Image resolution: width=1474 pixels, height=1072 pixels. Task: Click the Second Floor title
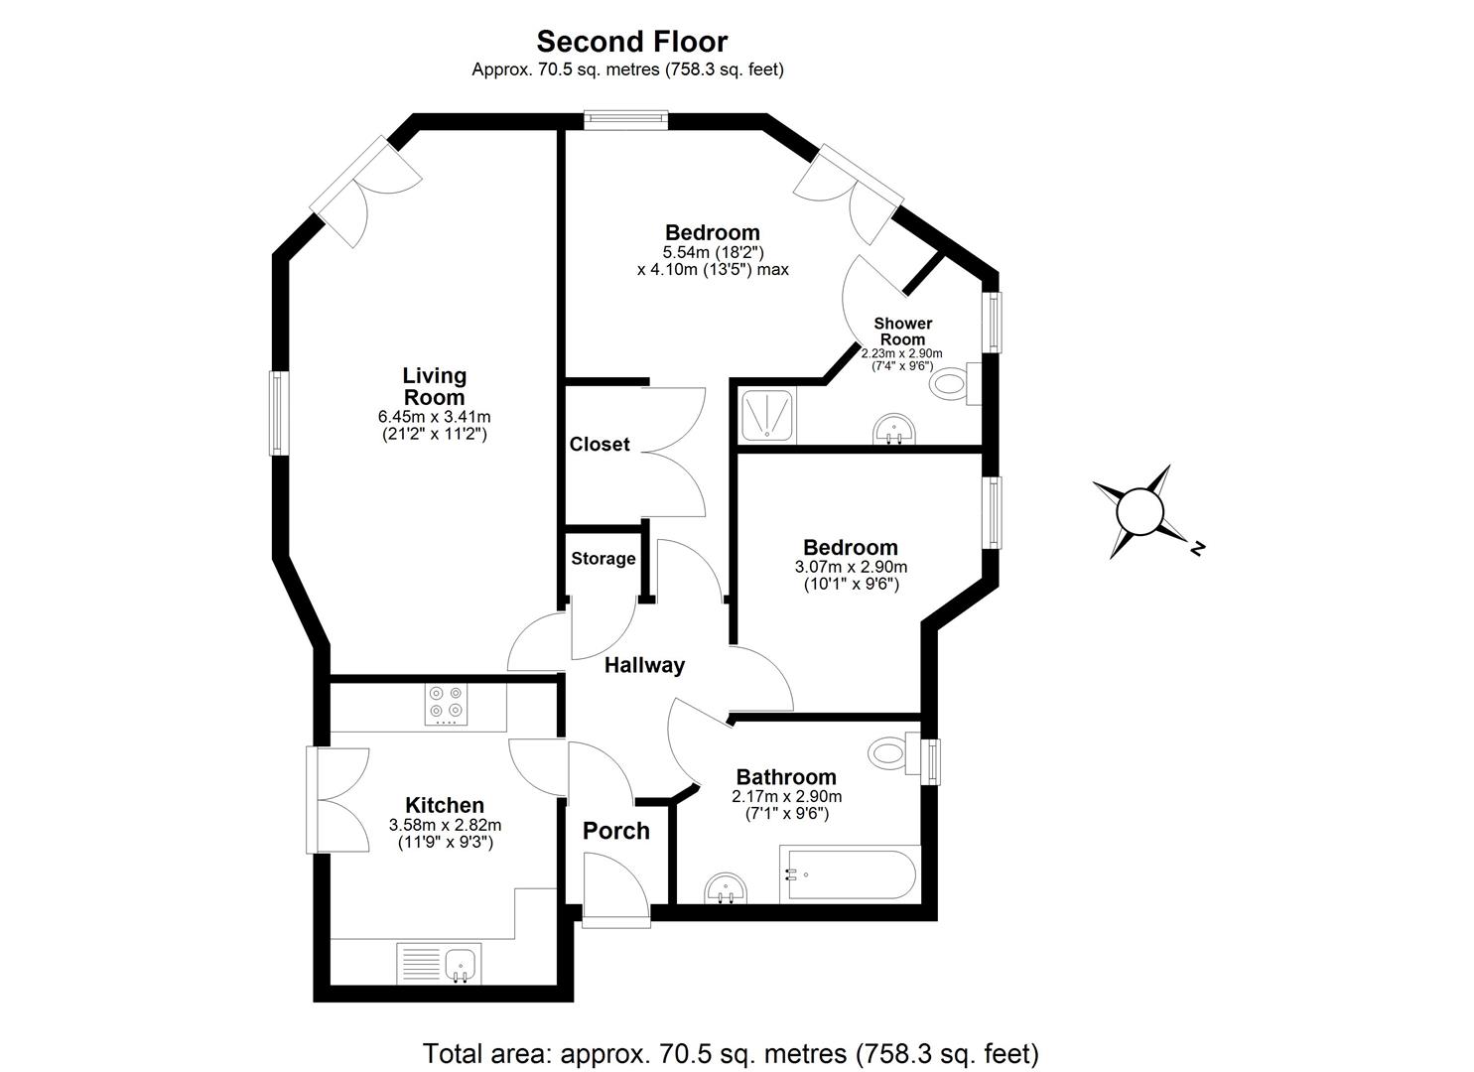631,41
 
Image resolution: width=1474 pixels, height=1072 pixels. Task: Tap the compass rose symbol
1139,512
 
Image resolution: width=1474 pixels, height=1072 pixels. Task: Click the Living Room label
434,386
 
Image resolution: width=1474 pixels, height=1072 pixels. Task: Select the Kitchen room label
444,805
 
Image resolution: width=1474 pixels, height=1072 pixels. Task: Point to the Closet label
600,445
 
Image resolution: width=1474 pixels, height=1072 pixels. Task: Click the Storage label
603,559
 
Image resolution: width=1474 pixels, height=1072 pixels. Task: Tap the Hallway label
644,665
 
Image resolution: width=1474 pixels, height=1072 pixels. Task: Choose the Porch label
615,831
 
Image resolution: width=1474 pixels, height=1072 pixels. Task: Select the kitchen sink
460,963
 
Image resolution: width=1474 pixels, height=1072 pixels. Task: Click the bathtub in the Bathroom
850,874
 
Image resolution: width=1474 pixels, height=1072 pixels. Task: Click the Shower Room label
902,331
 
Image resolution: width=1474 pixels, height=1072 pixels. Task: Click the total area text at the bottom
731,1052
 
